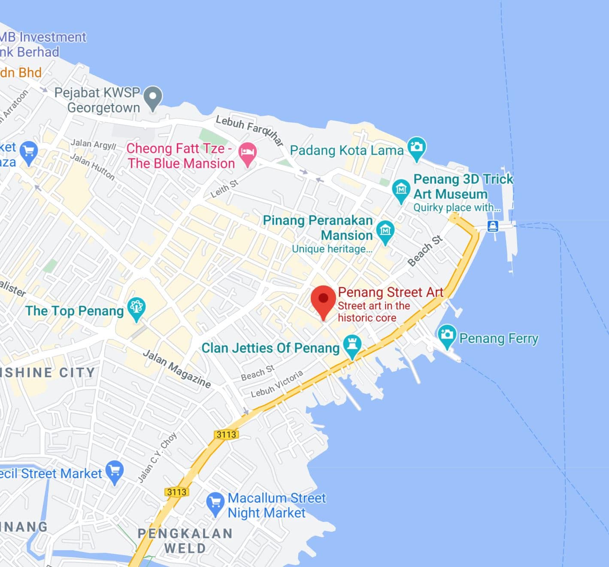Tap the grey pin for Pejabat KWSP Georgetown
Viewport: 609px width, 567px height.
[x=153, y=97]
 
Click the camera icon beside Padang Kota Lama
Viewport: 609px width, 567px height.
[x=416, y=147]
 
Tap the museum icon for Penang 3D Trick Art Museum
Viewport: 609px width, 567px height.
[x=401, y=189]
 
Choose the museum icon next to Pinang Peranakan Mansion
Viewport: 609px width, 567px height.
[x=385, y=231]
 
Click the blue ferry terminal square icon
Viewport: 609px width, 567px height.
[x=493, y=226]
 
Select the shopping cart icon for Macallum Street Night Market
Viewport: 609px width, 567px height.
[x=215, y=503]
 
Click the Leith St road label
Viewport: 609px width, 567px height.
[x=224, y=189]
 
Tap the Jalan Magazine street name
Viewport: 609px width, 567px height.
[x=177, y=368]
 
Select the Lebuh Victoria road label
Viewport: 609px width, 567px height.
[x=277, y=383]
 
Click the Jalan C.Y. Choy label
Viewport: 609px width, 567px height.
[x=157, y=458]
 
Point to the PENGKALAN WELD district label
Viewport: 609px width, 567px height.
[x=185, y=540]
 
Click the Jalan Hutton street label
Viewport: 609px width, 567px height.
[x=92, y=167]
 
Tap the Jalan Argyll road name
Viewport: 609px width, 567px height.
[x=94, y=144]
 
